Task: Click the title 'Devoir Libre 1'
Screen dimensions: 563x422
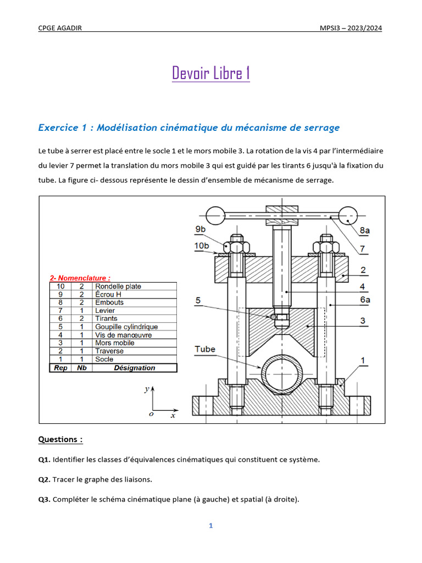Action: tap(211, 73)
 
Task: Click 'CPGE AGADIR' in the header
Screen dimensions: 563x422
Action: tap(60, 29)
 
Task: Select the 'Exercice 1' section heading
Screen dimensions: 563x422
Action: tap(188, 128)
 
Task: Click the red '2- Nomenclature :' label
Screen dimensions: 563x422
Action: tap(80, 278)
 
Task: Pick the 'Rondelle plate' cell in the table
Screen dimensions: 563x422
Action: tap(118, 286)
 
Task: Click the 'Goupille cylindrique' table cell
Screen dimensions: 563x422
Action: tap(126, 327)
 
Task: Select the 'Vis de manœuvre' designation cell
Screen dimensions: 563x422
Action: tap(123, 335)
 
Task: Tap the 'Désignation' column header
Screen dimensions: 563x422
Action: tap(134, 368)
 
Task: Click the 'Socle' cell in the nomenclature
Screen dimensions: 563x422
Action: tap(104, 359)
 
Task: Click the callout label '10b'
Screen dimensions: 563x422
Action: tap(202, 245)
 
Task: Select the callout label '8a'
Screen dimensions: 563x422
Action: tap(364, 231)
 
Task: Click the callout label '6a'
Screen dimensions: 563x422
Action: tap(365, 299)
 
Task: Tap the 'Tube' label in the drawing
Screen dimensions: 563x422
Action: tap(205, 349)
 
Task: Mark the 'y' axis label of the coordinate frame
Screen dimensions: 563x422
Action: tap(147, 389)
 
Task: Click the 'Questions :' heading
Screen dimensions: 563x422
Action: tap(60, 439)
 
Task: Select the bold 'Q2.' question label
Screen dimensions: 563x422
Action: tap(44, 479)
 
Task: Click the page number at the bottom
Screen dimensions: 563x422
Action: tap(210, 526)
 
